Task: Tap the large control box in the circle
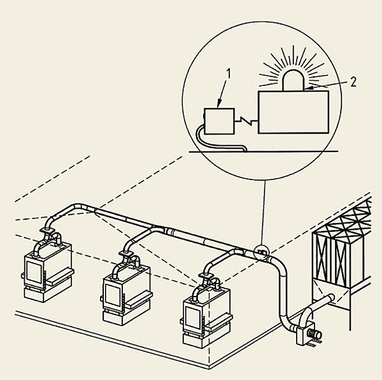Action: [294, 113]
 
